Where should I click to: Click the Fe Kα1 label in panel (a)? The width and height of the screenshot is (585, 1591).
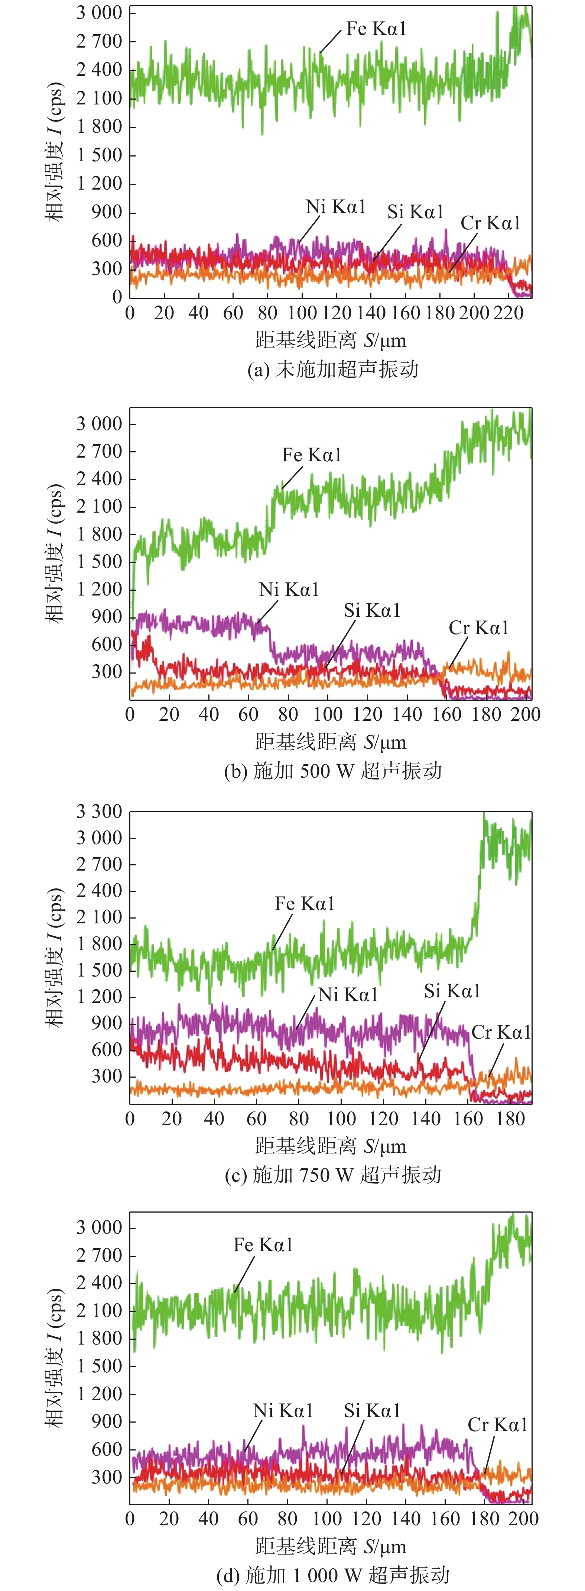pyautogui.click(x=376, y=29)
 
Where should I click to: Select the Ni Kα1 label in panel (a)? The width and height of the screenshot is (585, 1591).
pyautogui.click(x=336, y=207)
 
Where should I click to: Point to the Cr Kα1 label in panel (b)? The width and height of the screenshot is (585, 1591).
pyautogui.click(x=479, y=628)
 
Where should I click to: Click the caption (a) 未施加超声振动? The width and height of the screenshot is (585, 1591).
pyautogui.click(x=332, y=369)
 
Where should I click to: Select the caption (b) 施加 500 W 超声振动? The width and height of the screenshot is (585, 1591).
pyautogui.click(x=332, y=771)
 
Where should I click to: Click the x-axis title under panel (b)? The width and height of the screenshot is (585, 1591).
pyautogui.click(x=331, y=742)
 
